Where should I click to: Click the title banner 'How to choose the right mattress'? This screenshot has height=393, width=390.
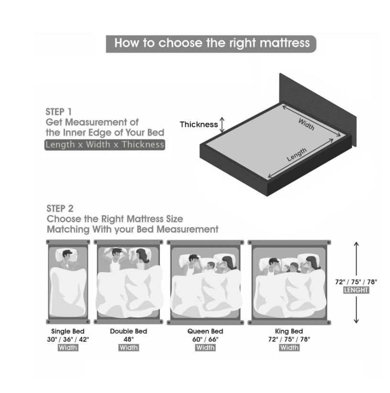pos(211,44)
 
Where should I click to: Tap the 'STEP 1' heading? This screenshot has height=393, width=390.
pos(58,112)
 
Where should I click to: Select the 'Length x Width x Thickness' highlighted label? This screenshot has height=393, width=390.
pos(105,145)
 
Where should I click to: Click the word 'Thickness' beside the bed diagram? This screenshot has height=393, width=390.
pos(199,124)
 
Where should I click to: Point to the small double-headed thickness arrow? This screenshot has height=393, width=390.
pos(222,124)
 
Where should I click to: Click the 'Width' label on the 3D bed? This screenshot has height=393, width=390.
pos(306,124)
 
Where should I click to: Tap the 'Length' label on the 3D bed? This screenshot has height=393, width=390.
pos(297,155)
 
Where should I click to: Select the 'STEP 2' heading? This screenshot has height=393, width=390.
pos(60,209)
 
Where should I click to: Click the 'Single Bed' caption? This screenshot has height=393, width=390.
pos(68,331)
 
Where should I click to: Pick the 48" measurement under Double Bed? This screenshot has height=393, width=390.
pos(129,339)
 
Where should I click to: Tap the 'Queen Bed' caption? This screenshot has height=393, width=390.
pos(205,331)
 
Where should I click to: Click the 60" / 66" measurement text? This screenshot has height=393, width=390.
pos(205,339)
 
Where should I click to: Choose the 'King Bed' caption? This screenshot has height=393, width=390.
pos(289,331)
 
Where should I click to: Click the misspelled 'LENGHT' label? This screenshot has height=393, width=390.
pos(356,290)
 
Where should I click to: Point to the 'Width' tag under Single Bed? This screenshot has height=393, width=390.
pos(68,348)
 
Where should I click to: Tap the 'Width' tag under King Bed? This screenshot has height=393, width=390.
pos(290,348)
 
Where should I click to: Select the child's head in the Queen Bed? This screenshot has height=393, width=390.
pos(211,266)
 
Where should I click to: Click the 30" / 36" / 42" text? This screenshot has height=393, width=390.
pos(68,339)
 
